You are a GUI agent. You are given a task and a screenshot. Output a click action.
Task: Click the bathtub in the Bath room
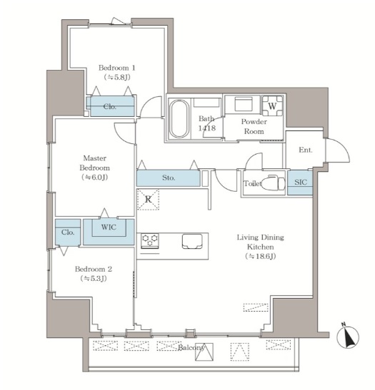(179, 118)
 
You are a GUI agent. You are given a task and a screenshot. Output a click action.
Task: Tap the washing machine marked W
(272, 106)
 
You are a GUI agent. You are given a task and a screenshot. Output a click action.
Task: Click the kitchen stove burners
(150, 240)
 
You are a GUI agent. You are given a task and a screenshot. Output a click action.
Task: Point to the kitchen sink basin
(192, 241)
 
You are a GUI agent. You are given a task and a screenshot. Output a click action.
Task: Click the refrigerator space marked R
(149, 200)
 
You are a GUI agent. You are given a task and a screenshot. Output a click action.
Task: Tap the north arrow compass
(348, 337)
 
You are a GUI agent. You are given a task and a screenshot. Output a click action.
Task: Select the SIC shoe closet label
(301, 182)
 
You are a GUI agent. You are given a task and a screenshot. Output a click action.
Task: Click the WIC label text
(109, 227)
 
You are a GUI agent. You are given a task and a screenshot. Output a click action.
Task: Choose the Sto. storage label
(169, 178)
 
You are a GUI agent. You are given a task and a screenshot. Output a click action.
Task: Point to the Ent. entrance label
(306, 150)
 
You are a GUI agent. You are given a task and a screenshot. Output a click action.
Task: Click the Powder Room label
(254, 126)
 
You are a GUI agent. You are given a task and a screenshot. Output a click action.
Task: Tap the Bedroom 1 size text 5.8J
(117, 77)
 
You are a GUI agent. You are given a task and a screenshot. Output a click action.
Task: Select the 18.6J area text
(261, 256)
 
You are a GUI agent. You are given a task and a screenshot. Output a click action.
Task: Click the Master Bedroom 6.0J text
(94, 177)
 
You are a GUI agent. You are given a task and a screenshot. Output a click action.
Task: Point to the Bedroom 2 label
(94, 269)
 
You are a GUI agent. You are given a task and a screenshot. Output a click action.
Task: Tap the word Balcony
(191, 347)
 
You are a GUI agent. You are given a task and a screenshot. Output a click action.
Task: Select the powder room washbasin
(244, 103)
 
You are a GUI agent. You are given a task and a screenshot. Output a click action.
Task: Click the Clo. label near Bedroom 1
(109, 107)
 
